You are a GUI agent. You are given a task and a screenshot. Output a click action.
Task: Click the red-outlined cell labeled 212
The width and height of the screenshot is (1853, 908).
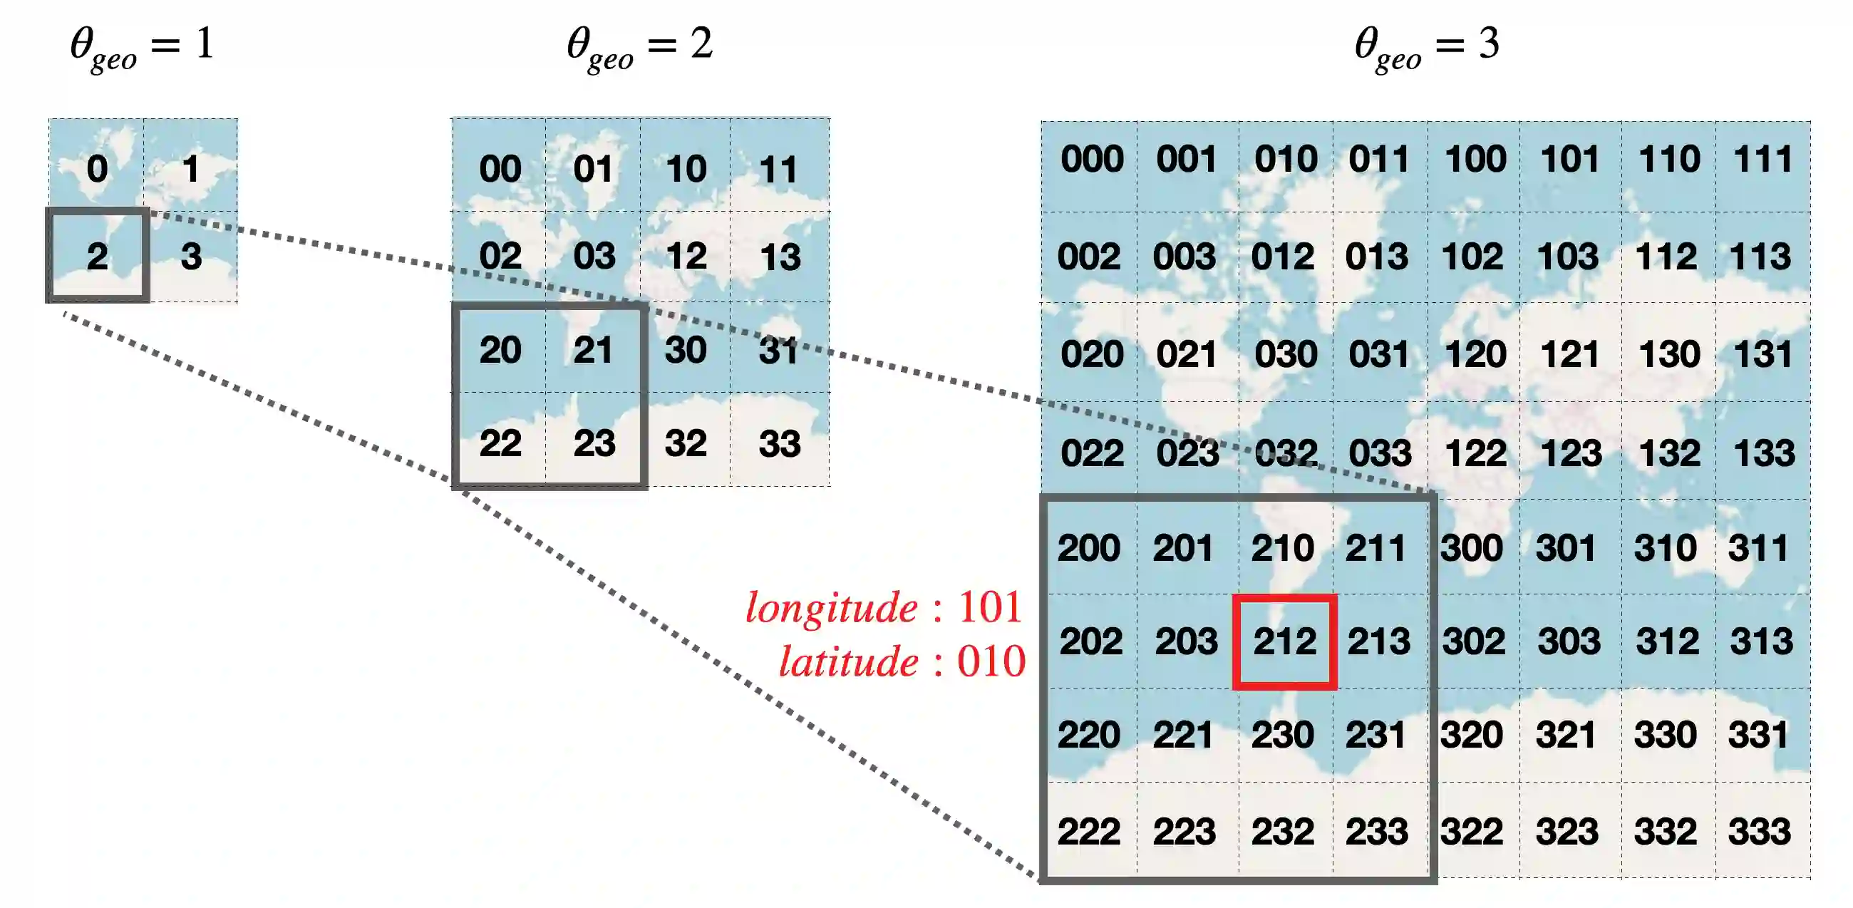(x=1285, y=641)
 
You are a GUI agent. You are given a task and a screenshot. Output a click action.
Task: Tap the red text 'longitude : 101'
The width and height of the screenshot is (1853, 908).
(x=884, y=607)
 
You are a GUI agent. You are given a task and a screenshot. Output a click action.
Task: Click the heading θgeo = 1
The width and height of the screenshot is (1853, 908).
(x=143, y=46)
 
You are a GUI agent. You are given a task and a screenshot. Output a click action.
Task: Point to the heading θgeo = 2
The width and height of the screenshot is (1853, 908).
(x=639, y=46)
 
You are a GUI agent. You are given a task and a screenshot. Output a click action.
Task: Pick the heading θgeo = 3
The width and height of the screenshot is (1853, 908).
(x=1427, y=46)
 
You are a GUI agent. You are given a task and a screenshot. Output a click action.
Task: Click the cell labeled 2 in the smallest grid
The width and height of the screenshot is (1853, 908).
(x=98, y=256)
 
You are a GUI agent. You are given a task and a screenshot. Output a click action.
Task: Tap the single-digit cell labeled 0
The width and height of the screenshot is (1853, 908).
(x=97, y=168)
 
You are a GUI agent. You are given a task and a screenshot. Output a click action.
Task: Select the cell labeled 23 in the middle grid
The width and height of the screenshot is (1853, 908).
(x=594, y=443)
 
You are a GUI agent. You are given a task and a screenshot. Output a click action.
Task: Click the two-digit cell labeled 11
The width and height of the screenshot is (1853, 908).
(x=779, y=169)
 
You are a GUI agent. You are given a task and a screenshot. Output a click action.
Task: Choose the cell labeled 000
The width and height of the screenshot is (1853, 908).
(x=1091, y=159)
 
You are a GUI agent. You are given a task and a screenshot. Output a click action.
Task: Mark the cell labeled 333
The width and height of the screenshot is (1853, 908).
(x=1760, y=831)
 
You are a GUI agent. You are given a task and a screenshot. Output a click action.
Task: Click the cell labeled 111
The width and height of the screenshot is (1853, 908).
(x=1763, y=159)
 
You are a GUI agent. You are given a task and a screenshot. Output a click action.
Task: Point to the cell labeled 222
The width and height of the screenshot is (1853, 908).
(x=1089, y=831)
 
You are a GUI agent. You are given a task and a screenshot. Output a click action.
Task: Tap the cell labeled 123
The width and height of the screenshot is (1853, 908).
(x=1570, y=453)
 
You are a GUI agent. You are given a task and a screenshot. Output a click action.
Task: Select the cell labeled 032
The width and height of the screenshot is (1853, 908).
(x=1286, y=453)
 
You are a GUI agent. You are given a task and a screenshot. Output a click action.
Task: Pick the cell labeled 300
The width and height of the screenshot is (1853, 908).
(x=1472, y=547)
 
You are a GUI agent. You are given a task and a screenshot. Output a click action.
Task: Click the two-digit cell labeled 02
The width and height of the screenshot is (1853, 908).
(x=500, y=255)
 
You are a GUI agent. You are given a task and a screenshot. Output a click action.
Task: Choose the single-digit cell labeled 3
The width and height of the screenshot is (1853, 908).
(x=191, y=256)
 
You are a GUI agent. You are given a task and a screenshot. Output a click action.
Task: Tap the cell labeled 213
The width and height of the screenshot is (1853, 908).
(x=1379, y=641)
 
